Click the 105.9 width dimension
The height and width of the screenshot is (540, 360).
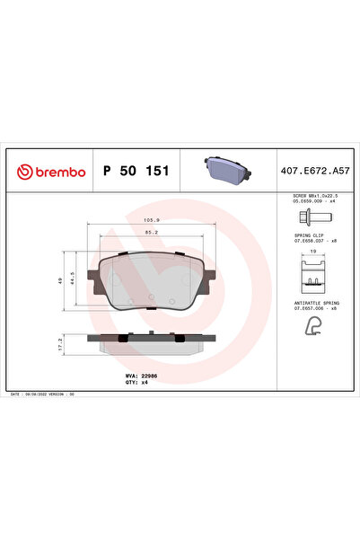point(151,217)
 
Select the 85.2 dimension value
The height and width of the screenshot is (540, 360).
point(151,232)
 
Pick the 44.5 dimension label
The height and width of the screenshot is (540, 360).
point(73,281)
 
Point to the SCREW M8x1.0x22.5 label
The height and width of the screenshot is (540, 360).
point(315,195)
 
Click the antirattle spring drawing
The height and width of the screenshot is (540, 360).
point(311,329)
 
